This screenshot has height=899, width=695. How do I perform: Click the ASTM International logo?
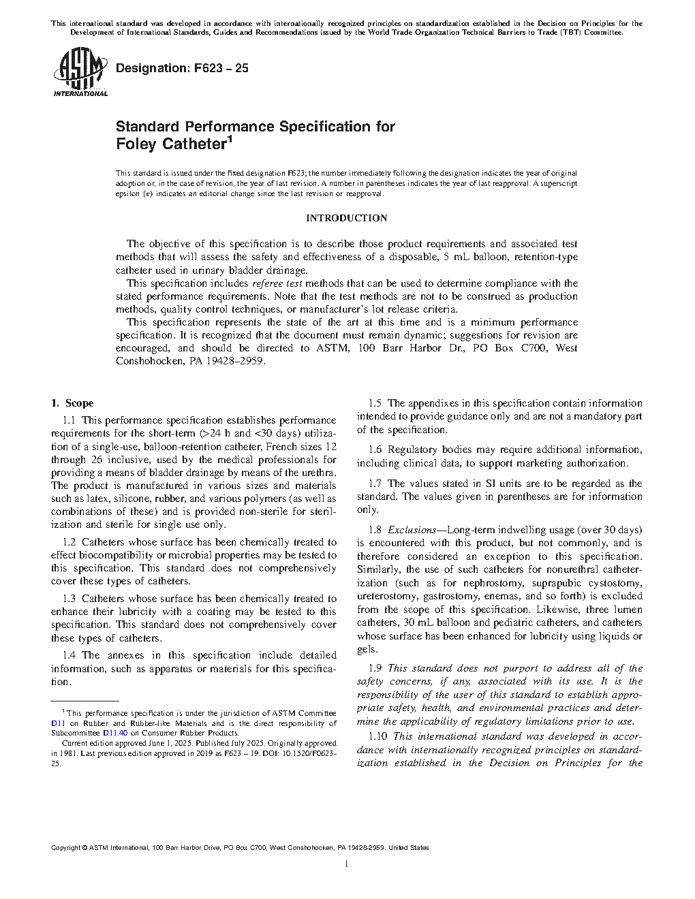coord(80,74)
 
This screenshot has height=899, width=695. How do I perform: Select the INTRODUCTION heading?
coord(346,218)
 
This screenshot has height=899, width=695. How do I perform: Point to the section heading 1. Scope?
coord(72,403)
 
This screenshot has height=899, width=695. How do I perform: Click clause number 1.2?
coord(69,542)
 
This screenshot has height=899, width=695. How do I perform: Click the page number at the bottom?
coord(347,864)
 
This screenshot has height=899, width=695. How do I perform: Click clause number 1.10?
coord(377,736)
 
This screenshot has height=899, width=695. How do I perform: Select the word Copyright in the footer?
coord(66,848)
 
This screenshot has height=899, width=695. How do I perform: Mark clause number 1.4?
coord(69,655)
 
